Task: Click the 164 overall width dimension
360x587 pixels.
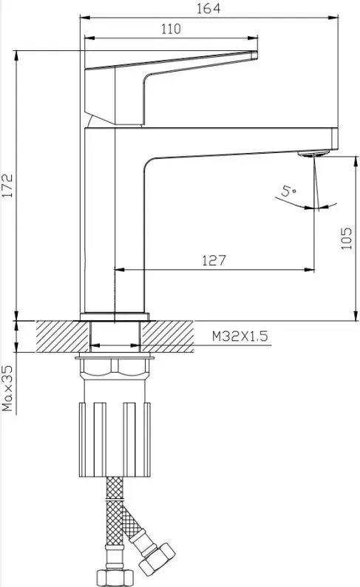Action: [x=208, y=9]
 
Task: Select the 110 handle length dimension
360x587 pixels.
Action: [x=171, y=29]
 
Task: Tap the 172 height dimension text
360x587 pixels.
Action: [x=7, y=186]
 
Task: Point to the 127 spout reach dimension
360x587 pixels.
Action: [x=214, y=260]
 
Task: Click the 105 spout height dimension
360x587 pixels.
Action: [x=347, y=238]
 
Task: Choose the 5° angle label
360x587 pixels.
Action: [x=288, y=191]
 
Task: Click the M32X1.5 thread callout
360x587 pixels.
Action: [x=240, y=336]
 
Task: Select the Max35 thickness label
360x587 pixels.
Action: [x=7, y=388]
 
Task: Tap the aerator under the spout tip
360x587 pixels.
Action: [x=313, y=153]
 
